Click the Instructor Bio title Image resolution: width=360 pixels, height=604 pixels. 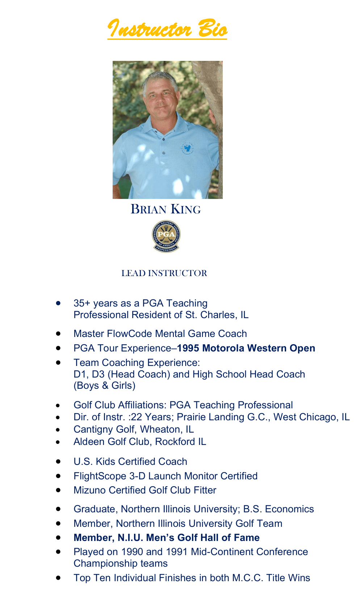pos(167,29)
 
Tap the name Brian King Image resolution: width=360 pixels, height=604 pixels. pos(166,209)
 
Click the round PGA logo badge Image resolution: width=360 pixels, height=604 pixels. pos(166,236)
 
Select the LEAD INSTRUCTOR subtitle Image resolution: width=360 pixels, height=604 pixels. pos(164,273)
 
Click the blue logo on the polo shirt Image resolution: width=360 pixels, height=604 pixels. pos(187,147)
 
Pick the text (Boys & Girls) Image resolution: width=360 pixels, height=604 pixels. pos(104,386)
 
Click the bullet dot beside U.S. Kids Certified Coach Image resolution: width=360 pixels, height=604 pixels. pos(58,462)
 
